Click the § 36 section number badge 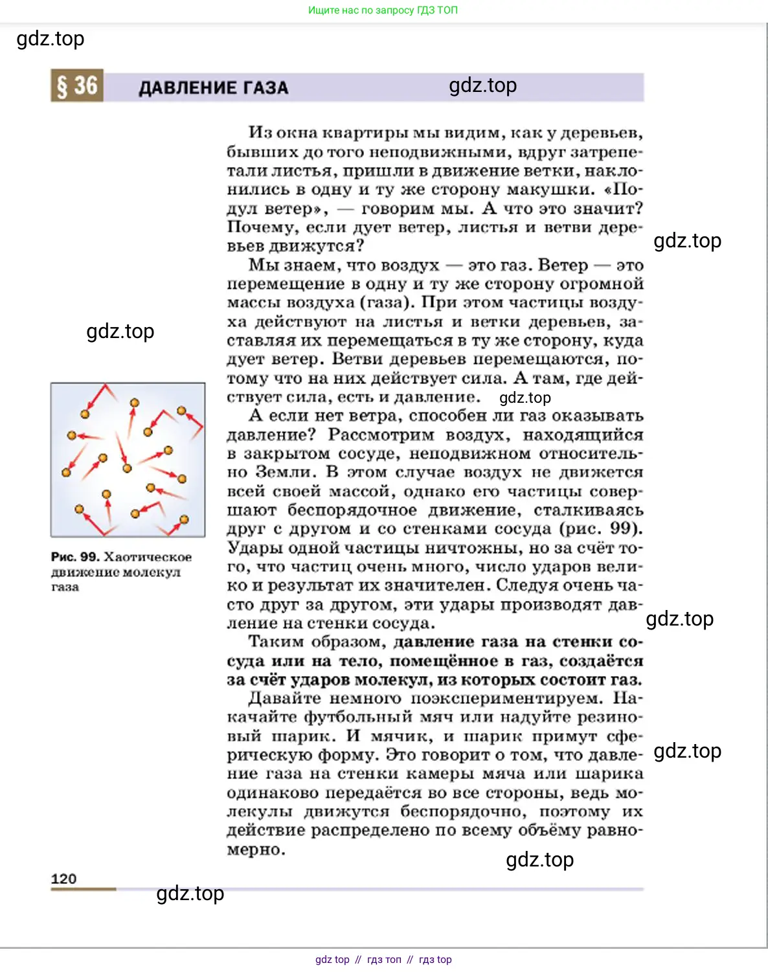click(77, 86)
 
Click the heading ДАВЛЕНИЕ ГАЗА click(214, 88)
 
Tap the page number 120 click(63, 879)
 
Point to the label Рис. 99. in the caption click(75, 557)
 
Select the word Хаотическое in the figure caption click(148, 557)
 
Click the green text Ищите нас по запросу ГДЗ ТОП click(383, 10)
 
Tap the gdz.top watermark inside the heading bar click(482, 85)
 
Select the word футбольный click(358, 717)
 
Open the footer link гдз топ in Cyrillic click(384, 960)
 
